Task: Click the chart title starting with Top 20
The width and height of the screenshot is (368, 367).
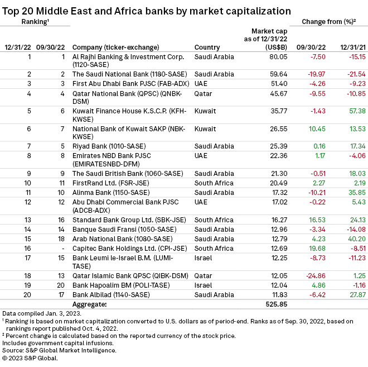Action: [147, 10]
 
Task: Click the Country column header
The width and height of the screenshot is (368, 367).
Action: [207, 47]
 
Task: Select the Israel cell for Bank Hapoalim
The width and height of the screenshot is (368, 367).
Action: [203, 284]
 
